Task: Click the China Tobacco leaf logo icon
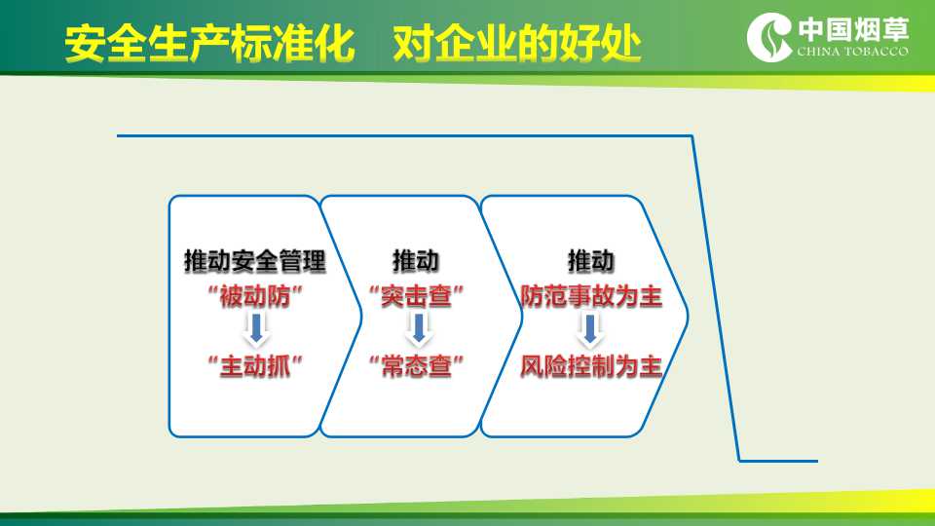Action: (769, 37)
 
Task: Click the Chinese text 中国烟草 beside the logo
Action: (853, 30)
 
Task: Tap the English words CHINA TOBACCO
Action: (853, 52)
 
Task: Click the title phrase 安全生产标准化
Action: (210, 44)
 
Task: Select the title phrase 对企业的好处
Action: (516, 44)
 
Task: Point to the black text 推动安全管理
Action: (255, 261)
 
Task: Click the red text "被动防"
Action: (255, 296)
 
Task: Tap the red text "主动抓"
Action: (255, 365)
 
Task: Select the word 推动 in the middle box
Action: (416, 261)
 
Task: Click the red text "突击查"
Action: (416, 296)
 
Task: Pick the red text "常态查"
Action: (416, 365)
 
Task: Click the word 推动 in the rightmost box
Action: (590, 261)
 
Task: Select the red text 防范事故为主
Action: (591, 296)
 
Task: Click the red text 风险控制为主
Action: (591, 365)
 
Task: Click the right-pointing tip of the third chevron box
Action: (688, 316)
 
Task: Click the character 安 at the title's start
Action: (85, 44)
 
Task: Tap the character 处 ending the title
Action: (620, 44)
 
